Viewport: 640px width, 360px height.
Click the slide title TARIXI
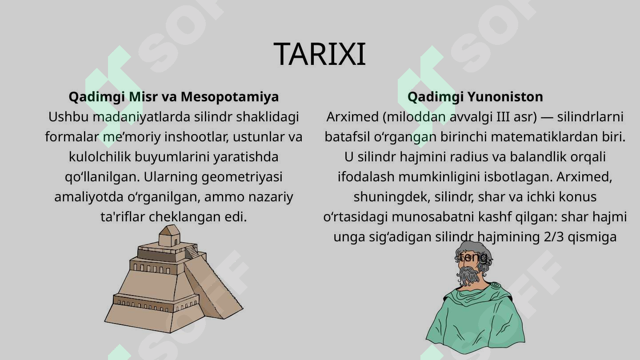point(320,55)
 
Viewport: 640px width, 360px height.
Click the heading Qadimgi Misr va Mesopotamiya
point(174,96)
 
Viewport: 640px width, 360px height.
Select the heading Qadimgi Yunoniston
point(475,96)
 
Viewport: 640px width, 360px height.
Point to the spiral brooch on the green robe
point(494,286)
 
